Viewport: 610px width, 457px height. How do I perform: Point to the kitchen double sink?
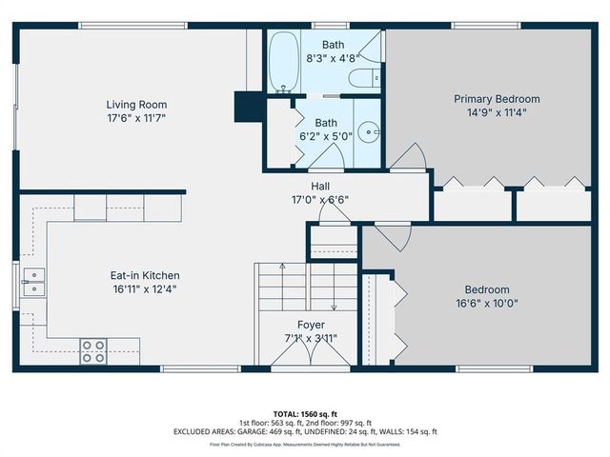point(36,282)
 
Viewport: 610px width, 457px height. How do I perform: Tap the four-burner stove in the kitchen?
point(93,350)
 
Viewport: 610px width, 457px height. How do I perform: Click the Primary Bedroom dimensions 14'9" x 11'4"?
point(496,112)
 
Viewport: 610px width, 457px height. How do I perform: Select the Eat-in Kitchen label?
point(143,275)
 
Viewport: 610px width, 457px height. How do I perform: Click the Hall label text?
point(320,186)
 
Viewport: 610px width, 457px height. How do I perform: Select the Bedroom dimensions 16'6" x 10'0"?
point(486,304)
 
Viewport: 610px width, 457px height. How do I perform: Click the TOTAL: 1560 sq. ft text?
point(305,414)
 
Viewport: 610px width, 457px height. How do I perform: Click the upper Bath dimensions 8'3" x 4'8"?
point(334,57)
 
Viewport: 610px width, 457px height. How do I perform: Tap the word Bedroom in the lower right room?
point(486,290)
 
